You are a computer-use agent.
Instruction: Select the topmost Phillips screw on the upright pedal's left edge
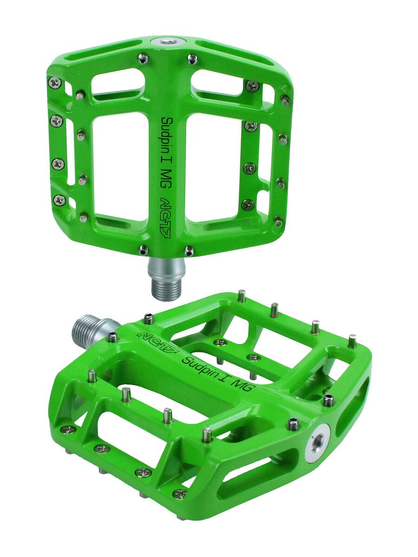click(55, 83)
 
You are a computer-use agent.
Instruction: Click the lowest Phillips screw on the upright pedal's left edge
click(59, 200)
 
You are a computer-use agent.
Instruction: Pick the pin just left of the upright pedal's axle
click(144, 250)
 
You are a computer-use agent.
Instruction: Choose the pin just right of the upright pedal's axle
click(189, 251)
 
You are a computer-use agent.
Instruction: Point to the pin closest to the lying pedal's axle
click(112, 337)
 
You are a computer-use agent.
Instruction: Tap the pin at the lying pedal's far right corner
click(352, 341)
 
